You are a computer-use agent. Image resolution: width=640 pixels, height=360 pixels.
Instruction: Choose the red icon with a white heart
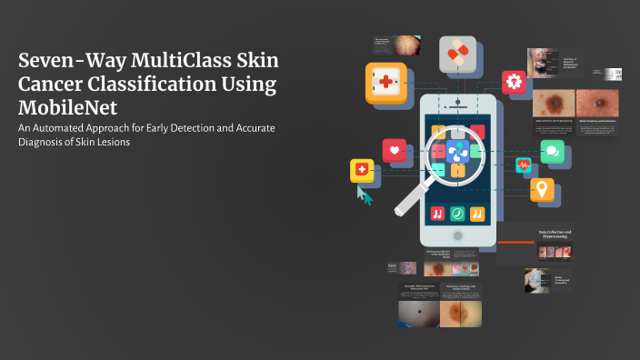click(x=395, y=149)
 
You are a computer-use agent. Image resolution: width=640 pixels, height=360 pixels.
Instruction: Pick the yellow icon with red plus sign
click(x=362, y=169)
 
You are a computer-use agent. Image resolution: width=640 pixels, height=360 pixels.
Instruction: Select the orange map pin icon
click(x=543, y=189)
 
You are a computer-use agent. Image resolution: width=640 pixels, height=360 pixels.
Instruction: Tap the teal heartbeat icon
click(x=523, y=165)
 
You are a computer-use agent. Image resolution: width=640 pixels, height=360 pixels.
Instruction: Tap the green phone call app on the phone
click(x=458, y=213)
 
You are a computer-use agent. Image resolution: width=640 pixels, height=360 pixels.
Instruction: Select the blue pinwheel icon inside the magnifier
click(x=456, y=151)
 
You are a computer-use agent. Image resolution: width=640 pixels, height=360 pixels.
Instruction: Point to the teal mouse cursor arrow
click(x=365, y=195)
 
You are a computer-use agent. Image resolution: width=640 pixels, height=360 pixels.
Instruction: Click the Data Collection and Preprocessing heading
click(x=555, y=235)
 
